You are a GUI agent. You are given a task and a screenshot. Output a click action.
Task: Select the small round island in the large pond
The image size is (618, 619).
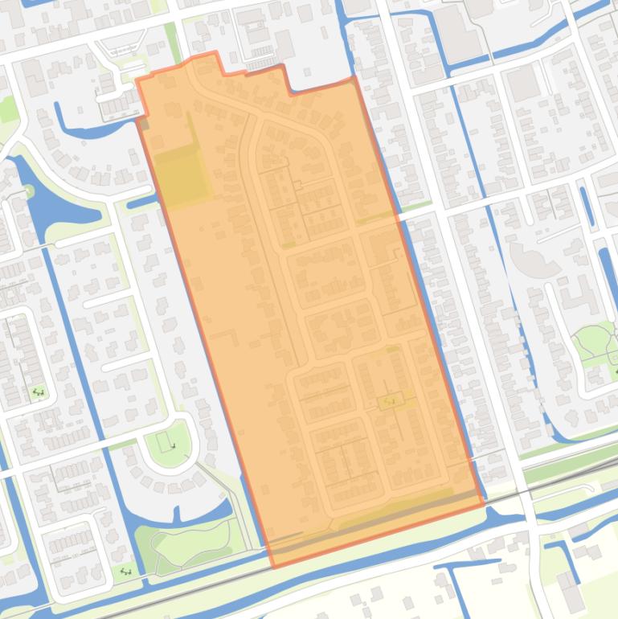pyautogui.click(x=29, y=191)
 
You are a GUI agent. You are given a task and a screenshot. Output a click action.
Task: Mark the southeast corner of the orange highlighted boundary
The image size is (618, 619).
pyautogui.click(x=484, y=504)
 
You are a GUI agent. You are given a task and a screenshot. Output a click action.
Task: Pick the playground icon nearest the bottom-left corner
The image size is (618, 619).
pyautogui.click(x=125, y=571)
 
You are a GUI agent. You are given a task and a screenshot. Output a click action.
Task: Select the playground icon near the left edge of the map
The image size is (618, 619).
pyautogui.click(x=38, y=392)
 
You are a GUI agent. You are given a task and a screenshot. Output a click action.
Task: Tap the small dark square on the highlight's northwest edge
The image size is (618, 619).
pyautogui.click(x=144, y=122)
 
